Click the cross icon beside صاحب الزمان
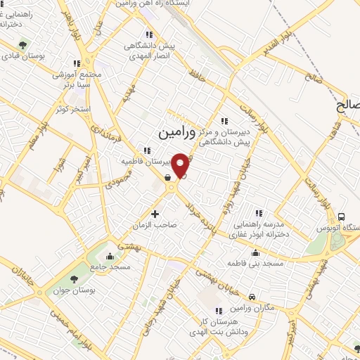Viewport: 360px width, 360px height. (155, 213)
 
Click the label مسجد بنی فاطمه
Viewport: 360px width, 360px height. (255, 263)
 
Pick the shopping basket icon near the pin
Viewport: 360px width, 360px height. (166, 178)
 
